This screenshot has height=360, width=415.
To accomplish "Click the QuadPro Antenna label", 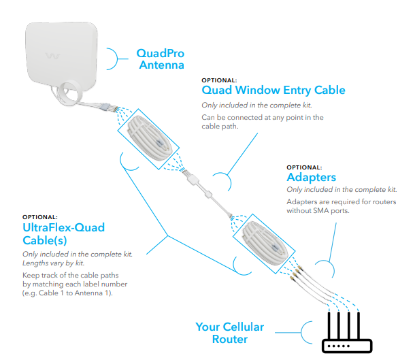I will (161, 59).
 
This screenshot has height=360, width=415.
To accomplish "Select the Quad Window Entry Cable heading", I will (273, 90).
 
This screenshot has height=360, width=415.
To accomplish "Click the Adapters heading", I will (311, 178).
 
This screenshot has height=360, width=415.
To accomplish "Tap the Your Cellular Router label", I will (229, 333).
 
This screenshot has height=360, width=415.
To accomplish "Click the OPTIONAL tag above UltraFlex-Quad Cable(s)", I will (40, 216).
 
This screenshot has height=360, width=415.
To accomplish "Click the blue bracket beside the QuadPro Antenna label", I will (117, 59).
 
